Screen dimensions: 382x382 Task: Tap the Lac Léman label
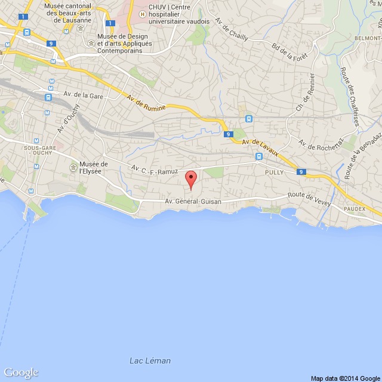click(x=150, y=361)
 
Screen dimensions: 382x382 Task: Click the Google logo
click(x=20, y=372)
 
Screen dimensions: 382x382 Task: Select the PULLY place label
click(x=275, y=171)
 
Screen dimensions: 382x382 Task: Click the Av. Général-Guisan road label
click(x=193, y=202)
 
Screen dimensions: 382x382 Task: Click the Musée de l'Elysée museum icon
click(x=74, y=167)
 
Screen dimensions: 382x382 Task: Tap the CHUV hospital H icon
click(x=142, y=13)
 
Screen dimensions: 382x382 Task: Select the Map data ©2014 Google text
click(x=345, y=378)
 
